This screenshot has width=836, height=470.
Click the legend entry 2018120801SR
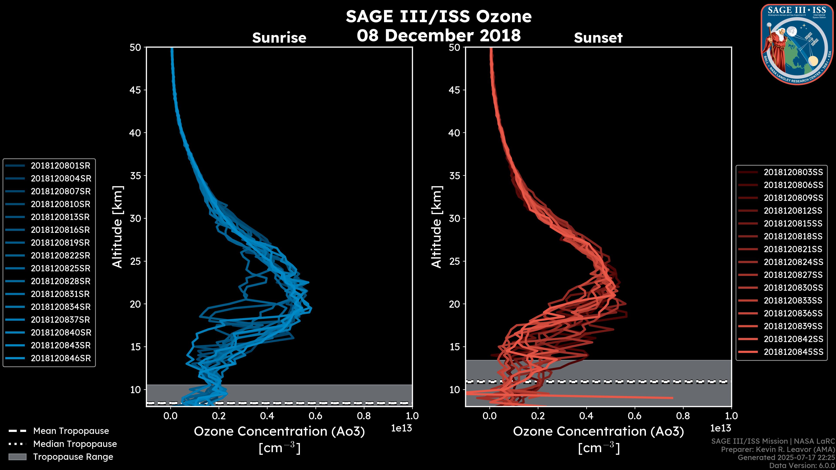coord(60,166)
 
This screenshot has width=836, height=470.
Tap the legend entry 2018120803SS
coord(793,172)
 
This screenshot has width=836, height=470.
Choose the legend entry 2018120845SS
coord(793,352)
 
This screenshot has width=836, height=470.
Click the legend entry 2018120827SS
coord(793,275)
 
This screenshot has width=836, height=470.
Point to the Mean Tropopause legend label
coord(71,431)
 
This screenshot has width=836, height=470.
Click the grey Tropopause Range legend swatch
coord(17,457)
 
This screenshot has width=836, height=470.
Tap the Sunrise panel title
coord(279,38)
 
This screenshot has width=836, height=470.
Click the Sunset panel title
coord(598,38)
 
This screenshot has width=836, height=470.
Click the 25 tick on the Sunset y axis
coord(455,261)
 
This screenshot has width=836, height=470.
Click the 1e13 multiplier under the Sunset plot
coord(720,428)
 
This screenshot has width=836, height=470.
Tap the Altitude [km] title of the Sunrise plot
coord(118,227)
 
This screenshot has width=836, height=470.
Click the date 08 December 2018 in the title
coord(438,35)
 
